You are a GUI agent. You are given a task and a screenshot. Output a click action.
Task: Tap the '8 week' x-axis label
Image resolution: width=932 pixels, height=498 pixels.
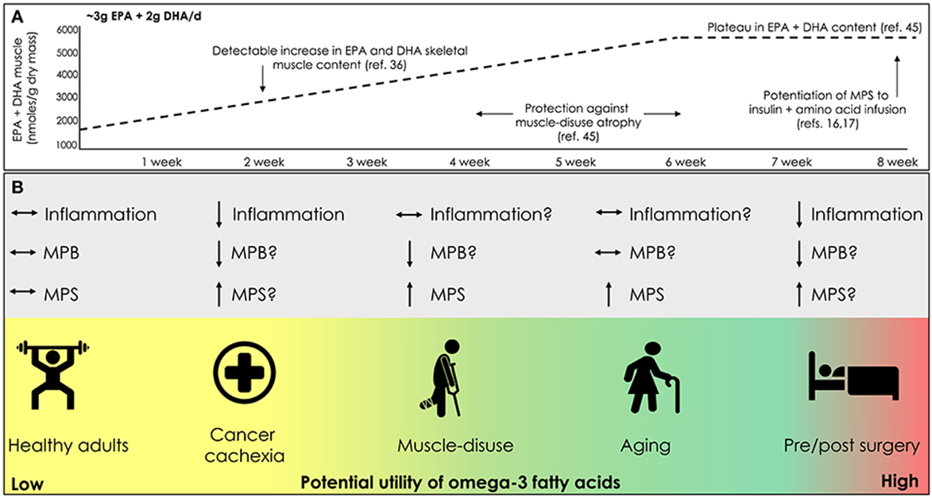(898, 161)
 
